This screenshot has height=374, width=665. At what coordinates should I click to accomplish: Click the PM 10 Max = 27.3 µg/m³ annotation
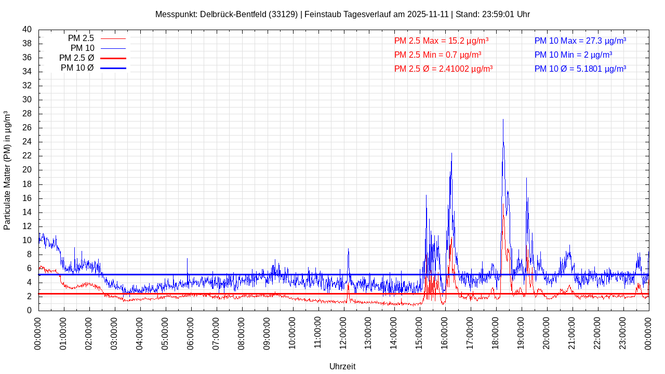click(580, 41)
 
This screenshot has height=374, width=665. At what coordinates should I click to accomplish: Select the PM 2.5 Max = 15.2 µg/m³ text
click(441, 41)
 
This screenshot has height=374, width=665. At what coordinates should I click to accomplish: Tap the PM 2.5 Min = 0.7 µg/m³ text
click(437, 55)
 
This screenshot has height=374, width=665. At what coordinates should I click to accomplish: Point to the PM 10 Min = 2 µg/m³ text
click(573, 55)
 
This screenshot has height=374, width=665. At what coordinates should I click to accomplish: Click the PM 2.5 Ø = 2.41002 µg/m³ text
click(443, 69)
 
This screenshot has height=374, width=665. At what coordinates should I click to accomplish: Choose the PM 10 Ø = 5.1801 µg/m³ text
click(580, 69)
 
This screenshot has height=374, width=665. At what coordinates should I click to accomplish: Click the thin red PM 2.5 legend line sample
click(113, 38)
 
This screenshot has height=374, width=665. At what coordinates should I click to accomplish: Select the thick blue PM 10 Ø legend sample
click(113, 68)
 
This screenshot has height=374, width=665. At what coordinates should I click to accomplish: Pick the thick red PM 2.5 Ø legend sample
click(113, 58)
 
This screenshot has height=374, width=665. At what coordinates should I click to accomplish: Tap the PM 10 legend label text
click(82, 48)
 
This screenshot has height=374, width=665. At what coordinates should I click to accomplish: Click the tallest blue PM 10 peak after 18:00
click(503, 120)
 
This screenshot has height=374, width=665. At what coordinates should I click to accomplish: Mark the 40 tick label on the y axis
click(27, 30)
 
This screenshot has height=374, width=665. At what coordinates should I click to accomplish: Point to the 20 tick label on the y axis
click(27, 170)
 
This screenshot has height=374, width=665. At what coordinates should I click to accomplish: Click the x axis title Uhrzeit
click(342, 366)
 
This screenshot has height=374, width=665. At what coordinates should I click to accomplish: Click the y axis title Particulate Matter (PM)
click(7, 170)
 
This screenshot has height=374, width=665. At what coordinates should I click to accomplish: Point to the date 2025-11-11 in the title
click(428, 14)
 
